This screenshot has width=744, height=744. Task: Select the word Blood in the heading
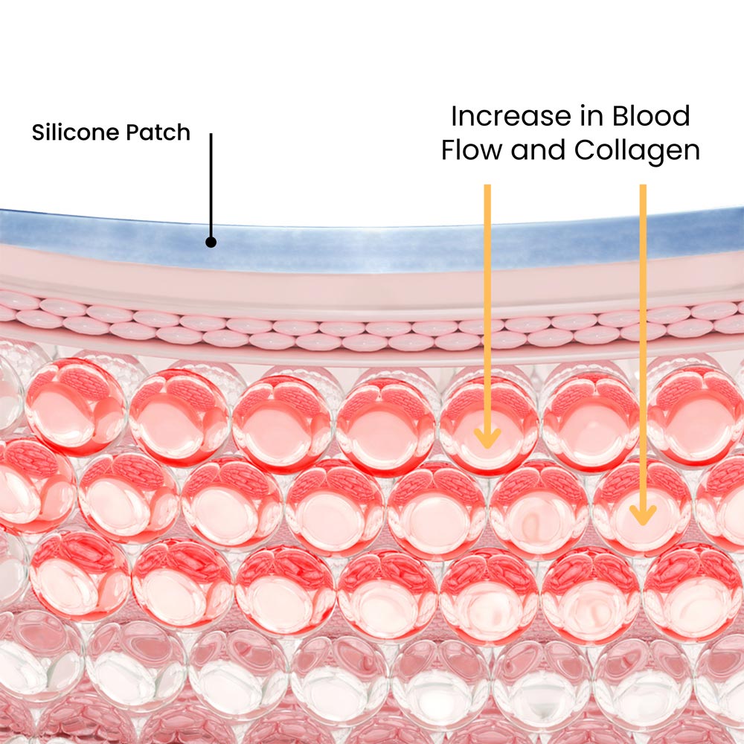click(x=651, y=117)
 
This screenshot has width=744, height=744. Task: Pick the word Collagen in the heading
click(x=637, y=151)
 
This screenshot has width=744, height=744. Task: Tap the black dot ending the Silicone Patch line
click(x=211, y=242)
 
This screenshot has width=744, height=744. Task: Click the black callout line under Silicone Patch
click(x=211, y=186)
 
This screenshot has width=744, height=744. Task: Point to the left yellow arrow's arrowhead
click(x=487, y=438)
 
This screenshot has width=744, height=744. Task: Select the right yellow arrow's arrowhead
click(x=643, y=514)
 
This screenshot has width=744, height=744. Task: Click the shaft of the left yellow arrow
click(x=487, y=298)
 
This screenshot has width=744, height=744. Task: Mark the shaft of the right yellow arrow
click(x=643, y=335)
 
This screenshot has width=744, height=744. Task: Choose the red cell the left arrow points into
click(x=488, y=428)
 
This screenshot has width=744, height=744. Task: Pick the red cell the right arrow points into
click(x=641, y=506)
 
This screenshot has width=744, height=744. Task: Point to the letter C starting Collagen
click(x=585, y=151)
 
